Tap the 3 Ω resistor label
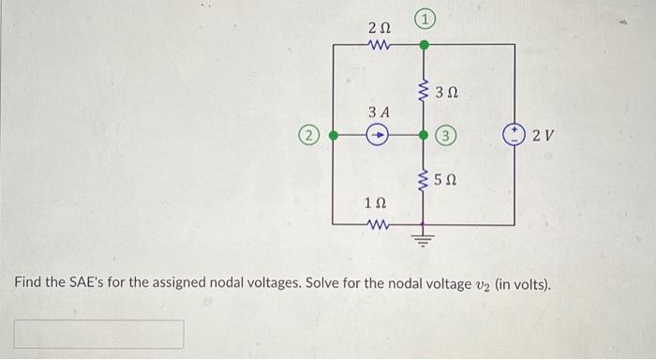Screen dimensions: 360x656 tap(448, 92)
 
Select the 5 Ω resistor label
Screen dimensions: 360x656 tap(448, 178)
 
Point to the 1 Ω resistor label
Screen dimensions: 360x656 tap(375, 203)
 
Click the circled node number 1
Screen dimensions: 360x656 tap(424, 17)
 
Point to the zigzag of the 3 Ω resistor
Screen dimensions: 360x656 tap(424, 91)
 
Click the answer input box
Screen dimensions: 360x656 tap(98, 334)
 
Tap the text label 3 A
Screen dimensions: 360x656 tap(378, 112)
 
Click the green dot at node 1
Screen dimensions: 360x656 tap(424, 43)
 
